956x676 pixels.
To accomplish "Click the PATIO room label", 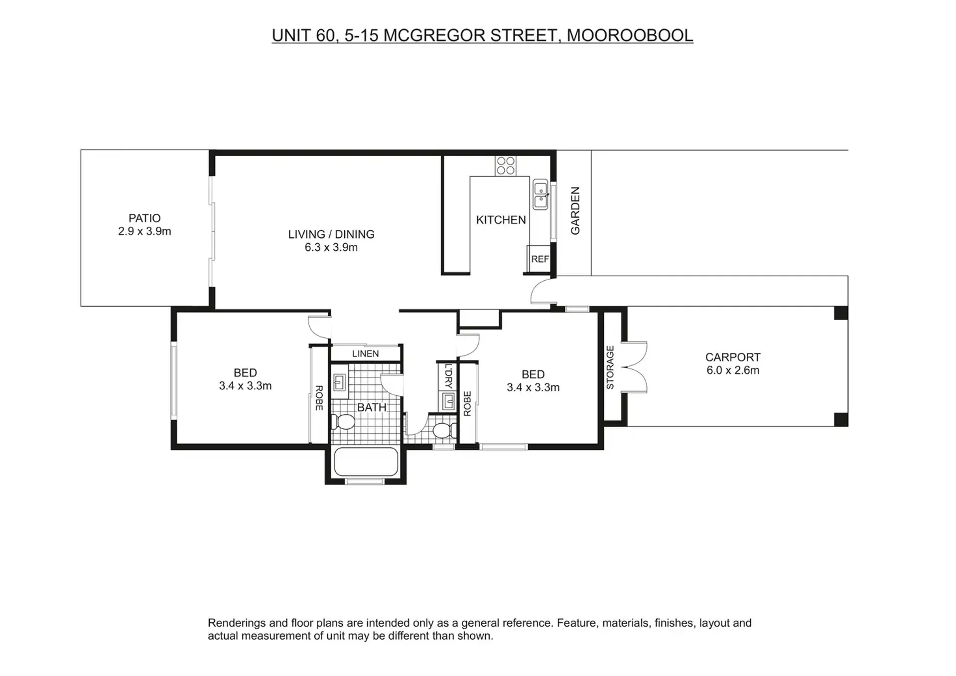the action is [x=144, y=218].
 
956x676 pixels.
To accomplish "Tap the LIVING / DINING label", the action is [x=331, y=234].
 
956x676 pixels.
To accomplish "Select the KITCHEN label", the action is [x=501, y=220].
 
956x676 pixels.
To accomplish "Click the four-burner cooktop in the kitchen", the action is [x=506, y=166].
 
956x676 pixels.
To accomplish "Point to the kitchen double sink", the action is [x=541, y=195].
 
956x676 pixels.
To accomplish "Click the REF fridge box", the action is [x=539, y=259].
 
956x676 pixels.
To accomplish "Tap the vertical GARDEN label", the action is [x=575, y=210].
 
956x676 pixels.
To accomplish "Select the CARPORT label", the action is [x=733, y=357].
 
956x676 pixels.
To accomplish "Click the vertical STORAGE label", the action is [x=610, y=367].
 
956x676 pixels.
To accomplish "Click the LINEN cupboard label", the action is [x=365, y=353].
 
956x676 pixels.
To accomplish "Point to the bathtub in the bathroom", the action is [x=366, y=462].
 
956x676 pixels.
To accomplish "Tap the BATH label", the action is [x=372, y=407].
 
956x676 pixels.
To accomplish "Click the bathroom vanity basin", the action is [x=339, y=382].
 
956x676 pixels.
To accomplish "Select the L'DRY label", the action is [x=448, y=376].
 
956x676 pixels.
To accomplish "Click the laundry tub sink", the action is [x=448, y=401].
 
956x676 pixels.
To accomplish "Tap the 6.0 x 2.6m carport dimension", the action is [x=733, y=370].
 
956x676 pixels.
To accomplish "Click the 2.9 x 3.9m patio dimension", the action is [x=144, y=231].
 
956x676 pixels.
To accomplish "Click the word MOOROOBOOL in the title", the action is [x=630, y=35].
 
